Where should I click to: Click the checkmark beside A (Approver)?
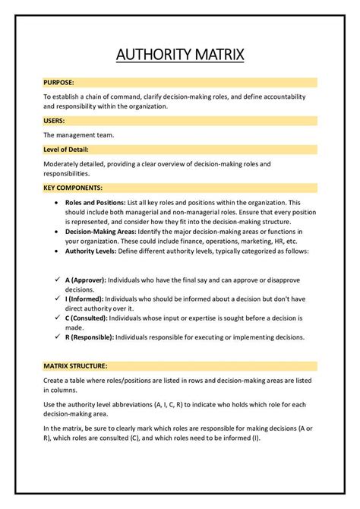(58, 279)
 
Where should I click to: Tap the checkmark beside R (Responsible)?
(58, 337)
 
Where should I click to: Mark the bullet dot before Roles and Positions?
(58, 204)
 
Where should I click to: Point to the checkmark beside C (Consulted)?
(58, 318)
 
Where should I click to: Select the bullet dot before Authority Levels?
(58, 251)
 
